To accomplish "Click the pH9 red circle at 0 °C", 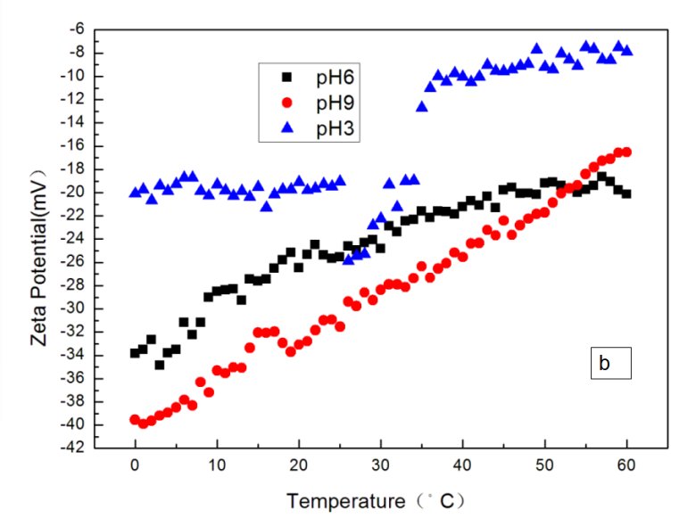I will (135, 420).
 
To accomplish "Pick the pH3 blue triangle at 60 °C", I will (626, 50).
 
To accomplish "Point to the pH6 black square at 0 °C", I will (135, 353).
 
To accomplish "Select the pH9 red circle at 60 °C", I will (626, 152).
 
